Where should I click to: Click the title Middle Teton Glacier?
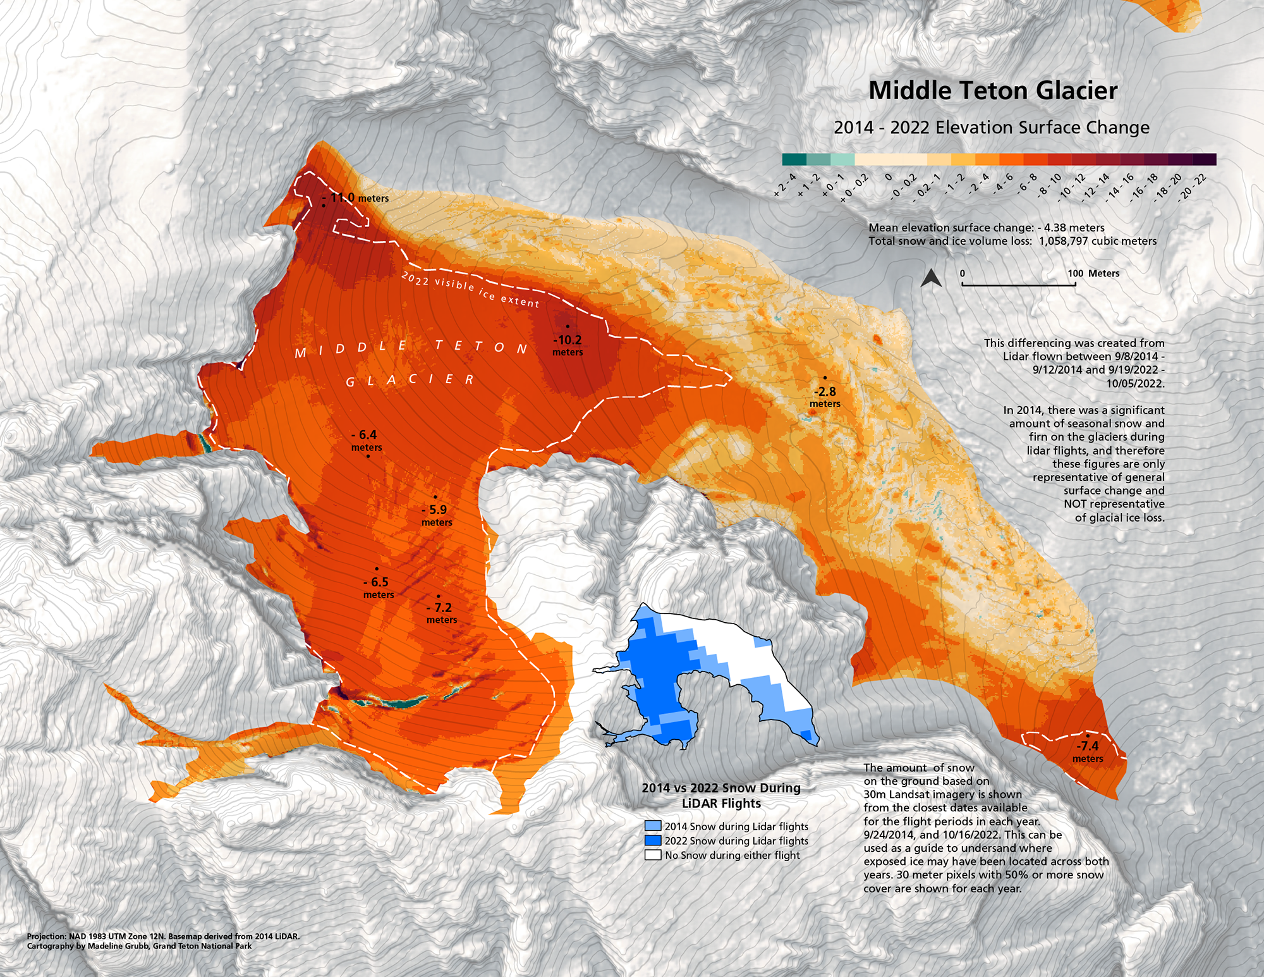click(993, 90)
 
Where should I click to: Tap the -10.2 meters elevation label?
click(568, 345)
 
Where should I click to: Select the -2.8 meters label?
click(825, 396)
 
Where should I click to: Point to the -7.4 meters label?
click(1088, 751)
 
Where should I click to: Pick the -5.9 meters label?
click(436, 515)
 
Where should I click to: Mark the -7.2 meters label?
click(441, 613)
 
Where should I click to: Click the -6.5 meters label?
click(378, 587)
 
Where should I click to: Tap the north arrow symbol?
click(930, 278)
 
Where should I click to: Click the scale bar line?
click(1018, 285)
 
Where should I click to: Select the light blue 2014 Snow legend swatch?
click(653, 826)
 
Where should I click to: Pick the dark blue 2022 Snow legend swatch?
click(653, 840)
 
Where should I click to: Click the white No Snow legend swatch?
click(653, 855)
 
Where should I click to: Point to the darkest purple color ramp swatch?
click(1205, 159)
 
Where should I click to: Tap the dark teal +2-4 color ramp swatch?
click(794, 159)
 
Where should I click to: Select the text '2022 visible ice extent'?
click(470, 289)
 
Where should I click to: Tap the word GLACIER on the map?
click(410, 380)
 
